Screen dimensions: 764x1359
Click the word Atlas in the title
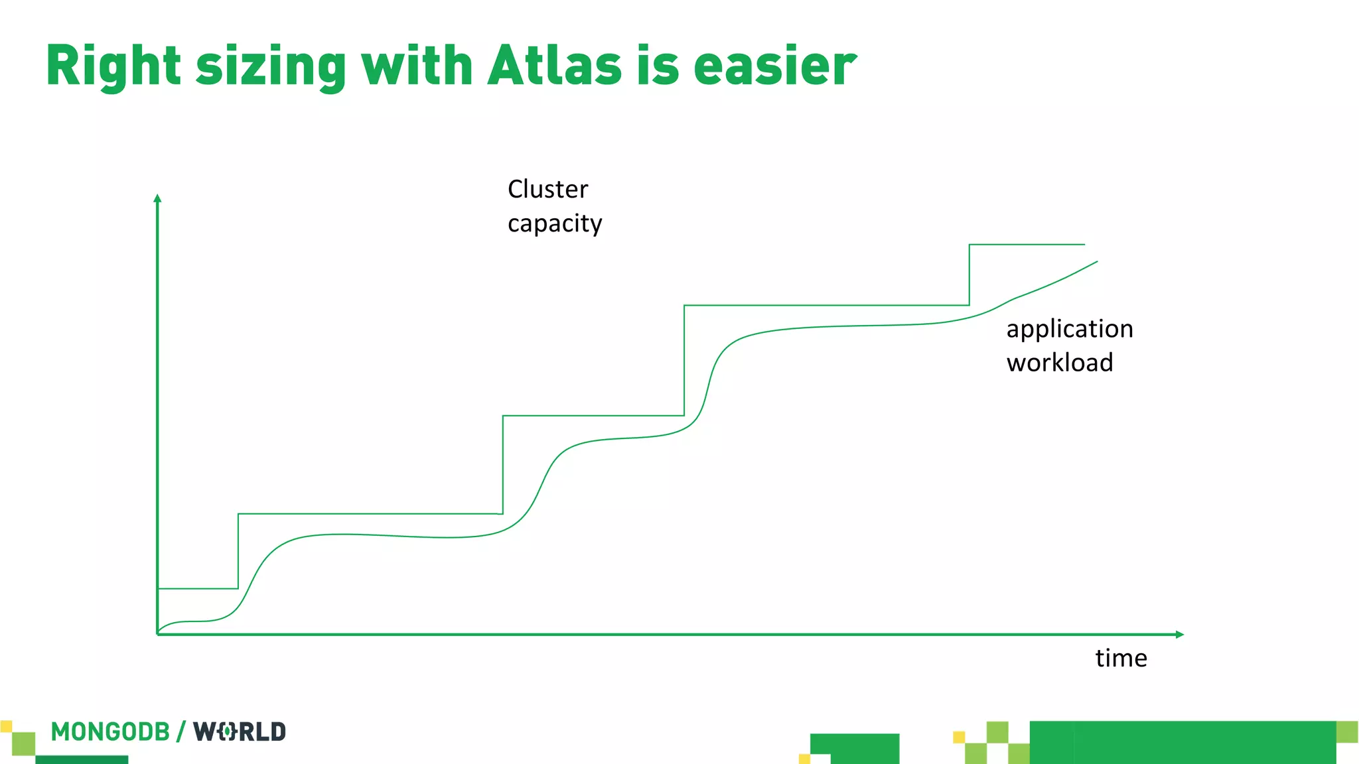point(555,66)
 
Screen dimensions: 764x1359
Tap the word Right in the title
point(113,66)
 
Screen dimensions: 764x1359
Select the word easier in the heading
point(775,66)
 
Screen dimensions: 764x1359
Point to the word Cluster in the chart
point(547,189)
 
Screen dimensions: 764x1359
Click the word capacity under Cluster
point(555,223)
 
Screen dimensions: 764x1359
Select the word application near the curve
point(1070,329)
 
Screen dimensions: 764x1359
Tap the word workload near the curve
point(1060,363)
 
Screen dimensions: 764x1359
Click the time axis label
point(1121,658)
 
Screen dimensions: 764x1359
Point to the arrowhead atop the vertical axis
point(157,198)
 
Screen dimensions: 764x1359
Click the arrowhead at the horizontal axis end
point(1179,635)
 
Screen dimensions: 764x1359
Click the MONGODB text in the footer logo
point(110,732)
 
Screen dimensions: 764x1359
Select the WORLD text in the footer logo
point(240,732)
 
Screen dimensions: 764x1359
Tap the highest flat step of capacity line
point(1027,245)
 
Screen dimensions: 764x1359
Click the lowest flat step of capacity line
point(198,588)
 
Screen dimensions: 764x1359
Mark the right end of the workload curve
point(1096,262)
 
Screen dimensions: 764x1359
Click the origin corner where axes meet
point(158,634)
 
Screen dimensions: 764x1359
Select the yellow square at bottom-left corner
point(6,726)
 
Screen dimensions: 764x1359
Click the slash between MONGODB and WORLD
point(180,732)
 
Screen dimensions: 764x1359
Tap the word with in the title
point(417,66)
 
